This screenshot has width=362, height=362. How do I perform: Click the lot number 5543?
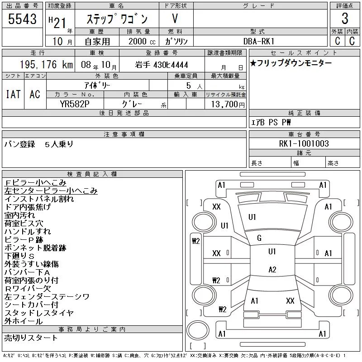[22, 19]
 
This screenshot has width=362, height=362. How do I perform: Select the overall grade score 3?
[345, 19]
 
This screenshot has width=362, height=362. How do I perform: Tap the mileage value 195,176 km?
[46, 65]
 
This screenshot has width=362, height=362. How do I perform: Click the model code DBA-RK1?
[259, 41]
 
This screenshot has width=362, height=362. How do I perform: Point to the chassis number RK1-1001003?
[304, 143]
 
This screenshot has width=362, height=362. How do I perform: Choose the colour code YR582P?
[75, 104]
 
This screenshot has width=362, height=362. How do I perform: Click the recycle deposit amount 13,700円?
[228, 105]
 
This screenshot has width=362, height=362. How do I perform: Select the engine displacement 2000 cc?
[142, 42]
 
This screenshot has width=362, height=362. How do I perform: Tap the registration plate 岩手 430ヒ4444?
[162, 65]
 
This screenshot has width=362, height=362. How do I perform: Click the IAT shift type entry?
[13, 94]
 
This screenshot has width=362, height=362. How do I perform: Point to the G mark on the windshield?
[259, 238]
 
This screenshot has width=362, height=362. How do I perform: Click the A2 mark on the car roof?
[272, 270]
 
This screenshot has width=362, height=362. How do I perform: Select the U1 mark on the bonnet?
[252, 217]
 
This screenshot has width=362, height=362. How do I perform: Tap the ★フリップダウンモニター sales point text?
[291, 63]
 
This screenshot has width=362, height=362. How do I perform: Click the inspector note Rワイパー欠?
[28, 288]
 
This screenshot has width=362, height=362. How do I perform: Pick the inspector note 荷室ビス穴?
[24, 223]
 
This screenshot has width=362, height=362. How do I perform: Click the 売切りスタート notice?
[31, 338]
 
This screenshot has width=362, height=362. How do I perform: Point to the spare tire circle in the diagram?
[198, 330]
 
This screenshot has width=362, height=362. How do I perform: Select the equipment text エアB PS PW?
[271, 122]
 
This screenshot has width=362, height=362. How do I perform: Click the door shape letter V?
[175, 19]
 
